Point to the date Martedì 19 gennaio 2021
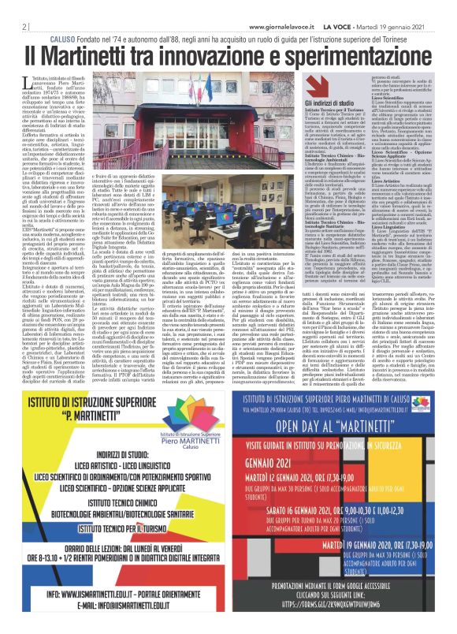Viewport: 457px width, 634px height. [403, 26]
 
